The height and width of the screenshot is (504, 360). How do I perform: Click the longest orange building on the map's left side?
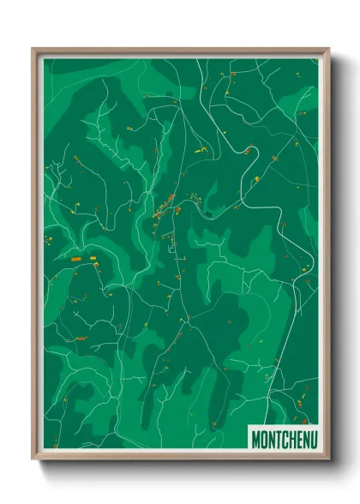coord(75,258)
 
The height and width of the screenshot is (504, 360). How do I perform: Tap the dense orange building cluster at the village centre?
coord(165,205)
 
